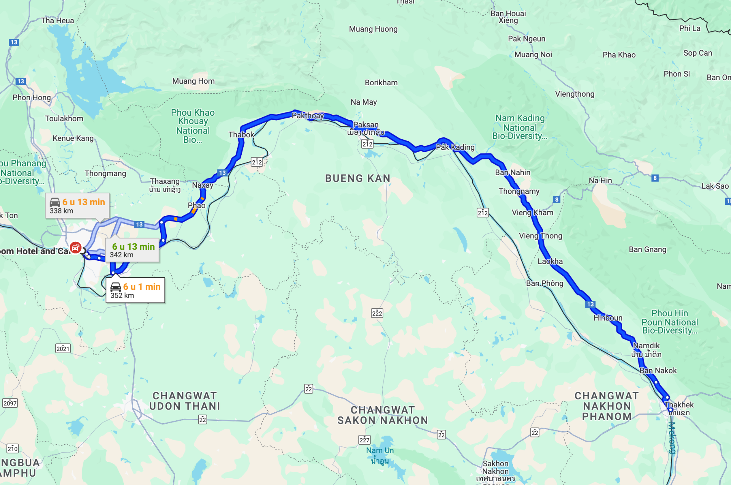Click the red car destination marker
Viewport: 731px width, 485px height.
click(75, 247)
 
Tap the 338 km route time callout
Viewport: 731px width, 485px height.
click(77, 206)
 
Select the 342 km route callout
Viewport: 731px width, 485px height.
click(132, 250)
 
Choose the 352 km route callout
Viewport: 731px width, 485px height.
click(135, 290)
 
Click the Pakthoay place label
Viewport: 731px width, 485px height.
click(308, 116)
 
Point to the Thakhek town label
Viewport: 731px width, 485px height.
click(679, 405)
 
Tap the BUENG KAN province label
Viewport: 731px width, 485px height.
click(358, 178)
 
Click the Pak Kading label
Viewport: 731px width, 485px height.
click(455, 147)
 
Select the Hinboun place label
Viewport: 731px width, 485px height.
click(608, 318)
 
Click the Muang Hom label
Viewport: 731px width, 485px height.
click(193, 81)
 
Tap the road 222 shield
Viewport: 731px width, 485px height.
click(377, 313)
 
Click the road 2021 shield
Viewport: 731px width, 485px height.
click(63, 348)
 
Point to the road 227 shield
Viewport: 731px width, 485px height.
click(364, 440)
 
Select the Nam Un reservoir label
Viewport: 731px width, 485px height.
click(380, 451)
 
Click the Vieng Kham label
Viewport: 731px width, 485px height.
click(532, 212)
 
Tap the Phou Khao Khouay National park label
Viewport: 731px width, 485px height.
click(193, 126)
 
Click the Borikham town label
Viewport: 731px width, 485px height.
click(381, 83)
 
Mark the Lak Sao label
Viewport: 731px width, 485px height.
click(715, 186)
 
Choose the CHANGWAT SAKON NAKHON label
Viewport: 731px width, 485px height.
click(383, 415)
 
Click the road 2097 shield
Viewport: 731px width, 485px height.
click(10, 403)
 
